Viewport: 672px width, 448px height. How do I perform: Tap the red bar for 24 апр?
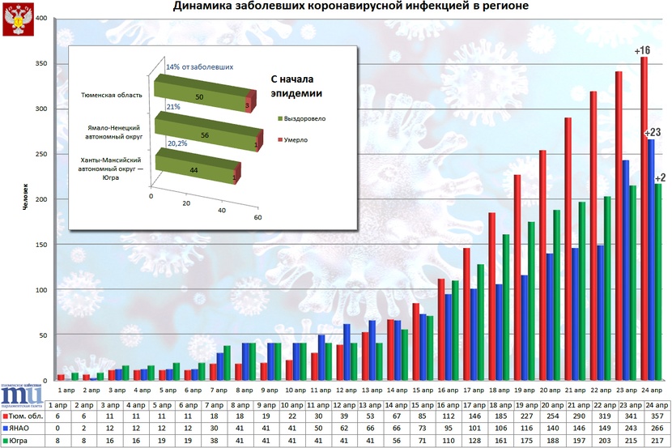coord(644,219)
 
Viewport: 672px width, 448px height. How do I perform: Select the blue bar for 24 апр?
coord(652,259)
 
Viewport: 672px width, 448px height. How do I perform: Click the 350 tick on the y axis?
coord(40,64)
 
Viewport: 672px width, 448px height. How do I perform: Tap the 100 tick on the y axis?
coord(40,290)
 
